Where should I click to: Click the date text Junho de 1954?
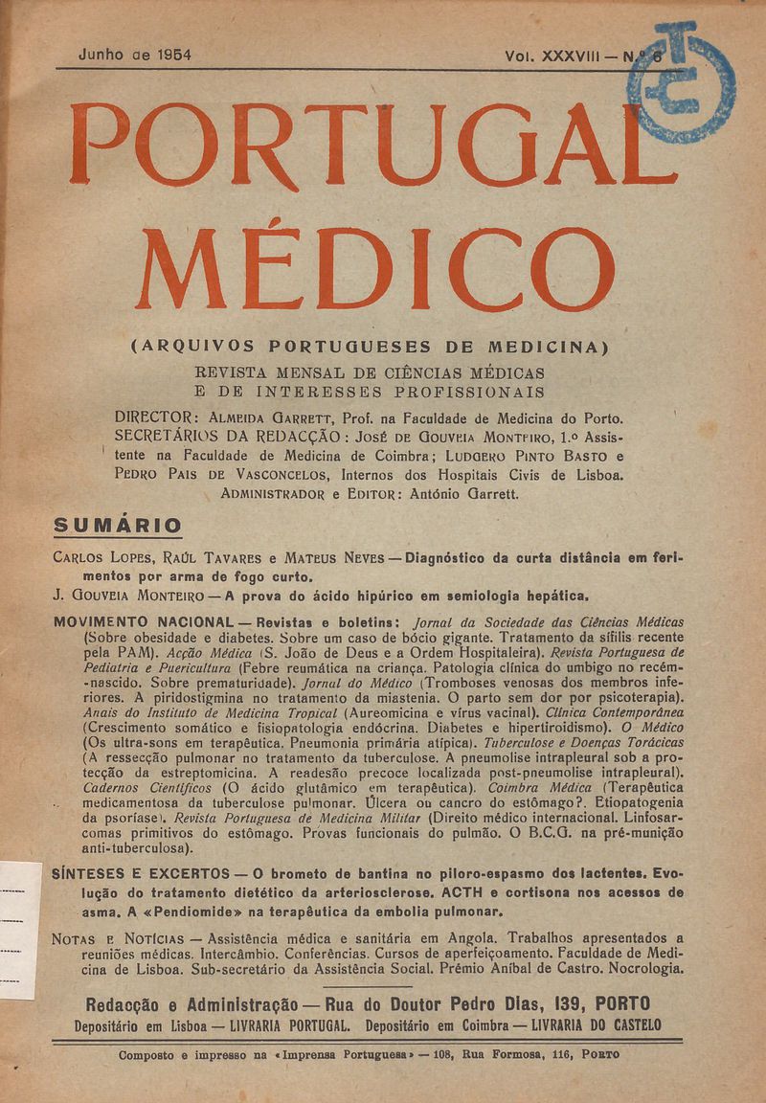(134, 56)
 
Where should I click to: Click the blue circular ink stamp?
(682, 83)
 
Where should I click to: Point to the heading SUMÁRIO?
(118, 525)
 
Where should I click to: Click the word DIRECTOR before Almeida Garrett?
(156, 418)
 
